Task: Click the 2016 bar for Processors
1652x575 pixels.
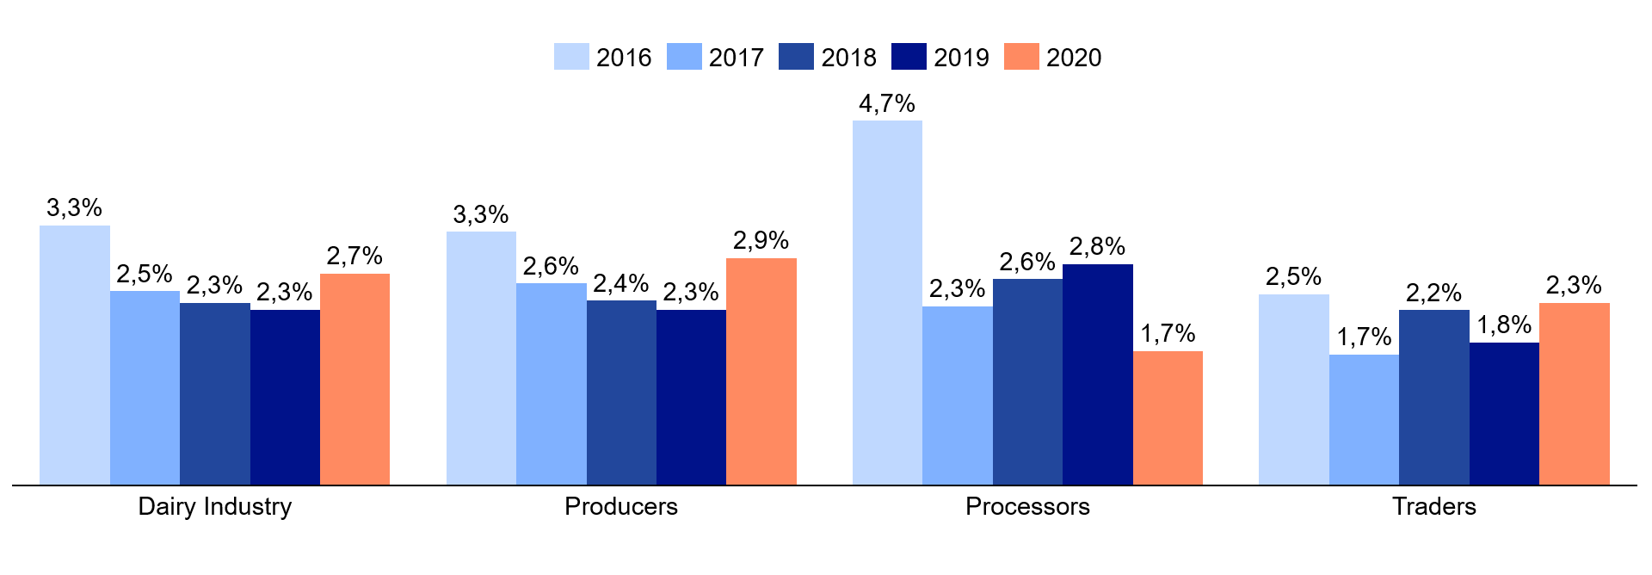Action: [887, 302]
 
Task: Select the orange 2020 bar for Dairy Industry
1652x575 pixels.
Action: [354, 379]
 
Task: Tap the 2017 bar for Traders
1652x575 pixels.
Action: [1364, 419]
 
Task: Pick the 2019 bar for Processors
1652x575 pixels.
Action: [1097, 374]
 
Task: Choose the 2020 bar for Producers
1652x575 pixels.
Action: [761, 371]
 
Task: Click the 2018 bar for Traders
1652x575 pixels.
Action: [1433, 397]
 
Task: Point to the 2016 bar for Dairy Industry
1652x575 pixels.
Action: [75, 355]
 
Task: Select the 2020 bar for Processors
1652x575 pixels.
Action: [1168, 417]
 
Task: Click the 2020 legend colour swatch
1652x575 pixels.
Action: [1021, 57]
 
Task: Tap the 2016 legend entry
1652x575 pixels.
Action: [603, 57]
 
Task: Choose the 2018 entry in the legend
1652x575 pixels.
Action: [828, 57]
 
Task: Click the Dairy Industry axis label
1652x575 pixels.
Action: [215, 506]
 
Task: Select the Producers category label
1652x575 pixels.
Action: [621, 506]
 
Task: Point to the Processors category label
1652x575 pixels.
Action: [1027, 506]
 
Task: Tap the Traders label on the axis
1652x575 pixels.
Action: [1433, 506]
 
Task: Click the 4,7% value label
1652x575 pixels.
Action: [887, 104]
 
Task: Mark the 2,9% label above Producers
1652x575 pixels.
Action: [761, 241]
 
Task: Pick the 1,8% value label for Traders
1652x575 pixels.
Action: [1504, 325]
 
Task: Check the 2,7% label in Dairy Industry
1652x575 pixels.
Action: [354, 257]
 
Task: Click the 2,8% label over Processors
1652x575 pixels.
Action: [1097, 247]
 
